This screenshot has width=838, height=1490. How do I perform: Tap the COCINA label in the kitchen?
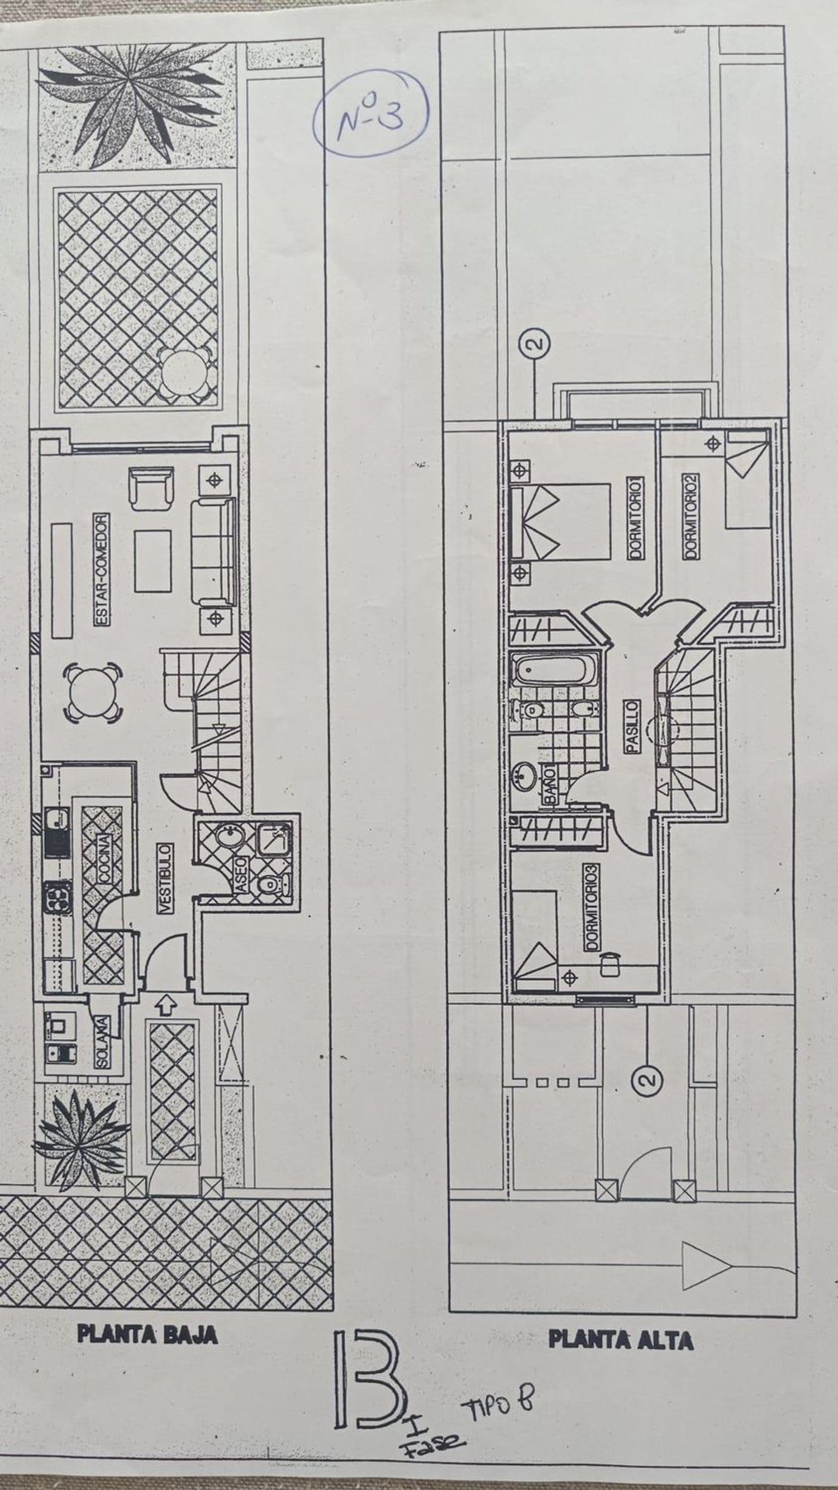(104, 858)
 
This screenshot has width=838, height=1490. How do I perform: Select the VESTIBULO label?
(165, 879)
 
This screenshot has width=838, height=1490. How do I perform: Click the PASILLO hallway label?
(633, 727)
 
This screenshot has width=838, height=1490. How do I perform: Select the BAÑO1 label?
(551, 784)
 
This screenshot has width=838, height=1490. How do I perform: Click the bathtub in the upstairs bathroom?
(554, 670)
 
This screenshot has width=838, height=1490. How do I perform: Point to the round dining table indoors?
(93, 692)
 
